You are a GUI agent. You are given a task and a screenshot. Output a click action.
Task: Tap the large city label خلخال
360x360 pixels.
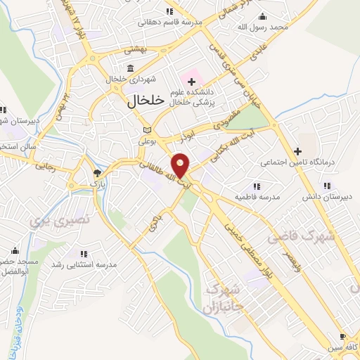pyautogui.click(x=146, y=101)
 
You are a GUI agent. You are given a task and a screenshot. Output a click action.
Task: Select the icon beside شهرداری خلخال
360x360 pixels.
pyautogui.click(x=131, y=68)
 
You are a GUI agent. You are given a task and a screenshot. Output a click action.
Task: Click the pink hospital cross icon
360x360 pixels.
pyautogui.click(x=191, y=82)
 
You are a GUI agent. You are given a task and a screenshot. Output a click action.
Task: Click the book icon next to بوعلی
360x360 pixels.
pyautogui.click(x=146, y=130)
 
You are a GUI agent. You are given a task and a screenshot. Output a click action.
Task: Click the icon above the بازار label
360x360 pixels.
pyautogui.click(x=97, y=172)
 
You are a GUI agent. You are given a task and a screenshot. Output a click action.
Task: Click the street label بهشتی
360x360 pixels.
pyautogui.click(x=132, y=50)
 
